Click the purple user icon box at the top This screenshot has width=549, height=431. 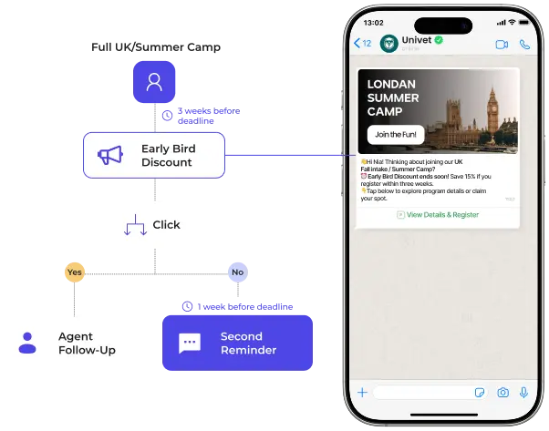click(155, 82)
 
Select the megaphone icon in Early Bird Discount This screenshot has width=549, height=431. click(110, 156)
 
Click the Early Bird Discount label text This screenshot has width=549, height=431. click(167, 156)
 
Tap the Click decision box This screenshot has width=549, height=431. click(154, 224)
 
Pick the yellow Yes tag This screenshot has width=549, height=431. click(75, 272)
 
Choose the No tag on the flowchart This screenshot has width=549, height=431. click(238, 272)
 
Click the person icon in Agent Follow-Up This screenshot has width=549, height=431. click(27, 343)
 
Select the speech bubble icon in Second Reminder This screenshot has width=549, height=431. click(190, 343)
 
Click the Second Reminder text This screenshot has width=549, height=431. click(248, 343)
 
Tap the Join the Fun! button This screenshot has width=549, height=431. click(395, 134)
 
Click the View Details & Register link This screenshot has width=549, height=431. click(438, 215)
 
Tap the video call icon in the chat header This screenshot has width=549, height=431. click(501, 44)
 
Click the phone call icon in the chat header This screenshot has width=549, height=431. click(524, 44)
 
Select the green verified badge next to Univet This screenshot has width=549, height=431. click(439, 40)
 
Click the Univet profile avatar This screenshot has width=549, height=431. click(390, 43)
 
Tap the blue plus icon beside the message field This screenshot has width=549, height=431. click(362, 393)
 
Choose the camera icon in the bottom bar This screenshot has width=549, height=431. click(502, 393)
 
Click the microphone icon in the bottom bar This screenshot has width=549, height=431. click(523, 393)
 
